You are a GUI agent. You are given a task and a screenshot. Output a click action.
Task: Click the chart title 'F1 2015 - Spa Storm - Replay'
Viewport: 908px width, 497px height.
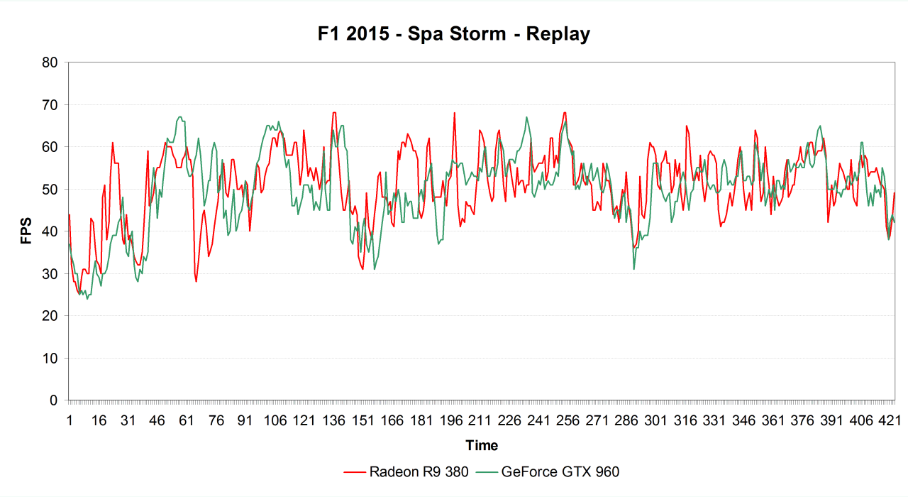pyautogui.click(x=454, y=33)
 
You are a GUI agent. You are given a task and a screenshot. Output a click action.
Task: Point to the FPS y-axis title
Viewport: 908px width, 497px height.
pyautogui.click(x=26, y=231)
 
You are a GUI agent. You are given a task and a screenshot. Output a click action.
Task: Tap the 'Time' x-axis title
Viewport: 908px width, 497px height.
pyautogui.click(x=482, y=445)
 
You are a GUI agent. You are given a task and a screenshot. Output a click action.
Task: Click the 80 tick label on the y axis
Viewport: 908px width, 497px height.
pyautogui.click(x=50, y=62)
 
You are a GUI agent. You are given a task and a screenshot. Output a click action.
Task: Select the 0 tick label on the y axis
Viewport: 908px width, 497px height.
pyautogui.click(x=54, y=400)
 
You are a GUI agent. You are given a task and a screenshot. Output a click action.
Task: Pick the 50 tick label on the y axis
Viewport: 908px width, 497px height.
pyautogui.click(x=50, y=190)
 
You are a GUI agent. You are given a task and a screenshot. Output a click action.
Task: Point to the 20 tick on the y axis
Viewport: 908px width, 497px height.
pyautogui.click(x=50, y=316)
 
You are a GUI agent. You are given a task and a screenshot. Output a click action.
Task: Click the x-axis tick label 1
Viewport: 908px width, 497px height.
pyautogui.click(x=70, y=421)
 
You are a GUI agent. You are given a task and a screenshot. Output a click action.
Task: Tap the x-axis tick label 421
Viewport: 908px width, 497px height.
pyautogui.click(x=890, y=421)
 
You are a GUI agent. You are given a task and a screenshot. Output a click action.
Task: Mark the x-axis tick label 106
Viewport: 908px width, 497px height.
pyautogui.click(x=275, y=421)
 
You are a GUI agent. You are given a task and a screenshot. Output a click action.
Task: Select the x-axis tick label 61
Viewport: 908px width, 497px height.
pyautogui.click(x=187, y=421)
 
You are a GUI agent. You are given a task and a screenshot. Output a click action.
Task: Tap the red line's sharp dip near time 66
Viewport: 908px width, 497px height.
pyautogui.click(x=196, y=282)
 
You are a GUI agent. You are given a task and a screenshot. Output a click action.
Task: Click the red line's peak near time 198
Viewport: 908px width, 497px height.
pyautogui.click(x=454, y=113)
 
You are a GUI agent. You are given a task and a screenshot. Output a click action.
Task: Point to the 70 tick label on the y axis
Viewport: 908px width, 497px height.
pyautogui.click(x=50, y=105)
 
